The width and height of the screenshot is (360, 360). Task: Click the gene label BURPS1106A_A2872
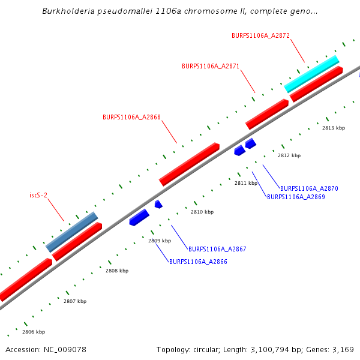(260, 36)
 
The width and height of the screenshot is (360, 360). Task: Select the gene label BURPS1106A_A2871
(211, 66)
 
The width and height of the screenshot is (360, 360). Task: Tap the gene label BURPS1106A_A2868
(131, 118)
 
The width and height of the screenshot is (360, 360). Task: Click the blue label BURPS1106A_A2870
(309, 188)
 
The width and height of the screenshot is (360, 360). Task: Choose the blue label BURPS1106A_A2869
(296, 197)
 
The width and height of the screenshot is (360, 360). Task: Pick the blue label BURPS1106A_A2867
(217, 249)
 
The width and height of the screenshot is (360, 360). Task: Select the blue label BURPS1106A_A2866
(198, 262)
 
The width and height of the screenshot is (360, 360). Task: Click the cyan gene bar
(311, 74)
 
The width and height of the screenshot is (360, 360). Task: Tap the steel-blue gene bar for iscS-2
(71, 232)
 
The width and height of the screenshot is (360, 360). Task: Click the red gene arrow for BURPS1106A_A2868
(189, 164)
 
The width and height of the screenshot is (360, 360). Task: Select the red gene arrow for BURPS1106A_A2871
(267, 114)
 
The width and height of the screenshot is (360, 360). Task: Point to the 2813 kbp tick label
(334, 128)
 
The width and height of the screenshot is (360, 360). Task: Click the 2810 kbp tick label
(202, 212)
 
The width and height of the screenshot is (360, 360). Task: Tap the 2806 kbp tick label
(34, 332)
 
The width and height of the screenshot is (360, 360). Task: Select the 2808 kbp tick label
(117, 271)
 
